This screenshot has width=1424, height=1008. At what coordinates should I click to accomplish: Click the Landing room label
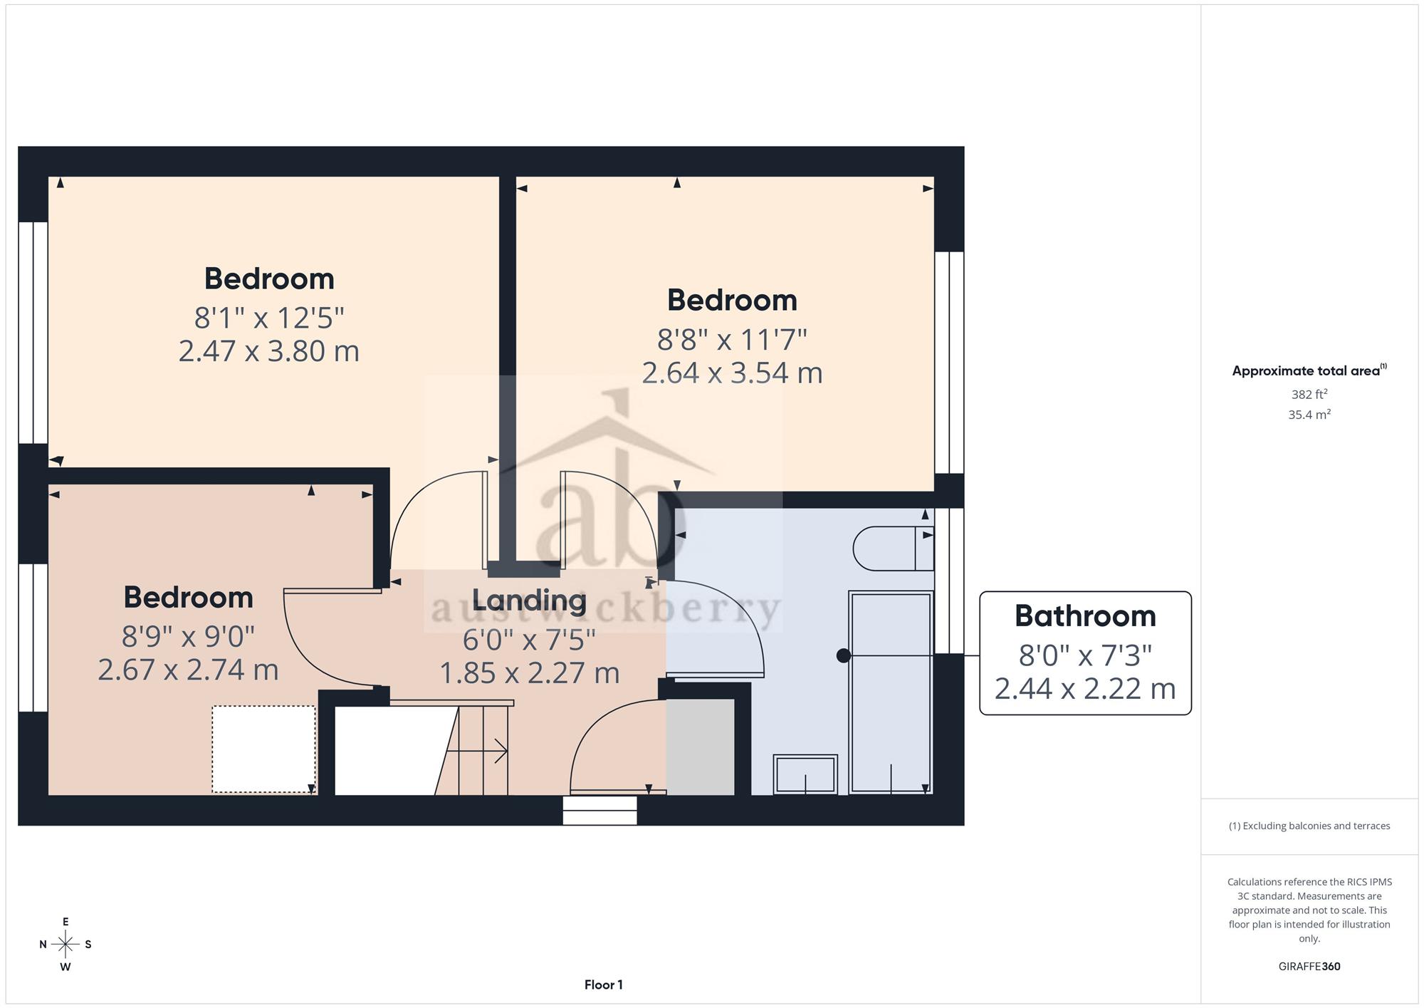tap(529, 601)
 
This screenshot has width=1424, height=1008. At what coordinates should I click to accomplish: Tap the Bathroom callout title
tap(1085, 616)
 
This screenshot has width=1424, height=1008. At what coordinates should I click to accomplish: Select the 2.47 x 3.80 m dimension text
tap(268, 351)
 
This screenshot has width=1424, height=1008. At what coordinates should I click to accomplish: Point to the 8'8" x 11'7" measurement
tap(732, 340)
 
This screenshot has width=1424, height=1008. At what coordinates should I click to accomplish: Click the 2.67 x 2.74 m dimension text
tap(188, 670)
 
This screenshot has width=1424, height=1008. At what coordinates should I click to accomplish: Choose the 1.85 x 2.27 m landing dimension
tap(529, 673)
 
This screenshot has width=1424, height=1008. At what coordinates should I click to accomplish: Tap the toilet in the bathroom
tap(894, 548)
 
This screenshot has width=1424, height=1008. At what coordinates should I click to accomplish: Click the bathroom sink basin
tap(805, 774)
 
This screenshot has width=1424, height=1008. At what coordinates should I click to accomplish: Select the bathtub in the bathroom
tap(891, 692)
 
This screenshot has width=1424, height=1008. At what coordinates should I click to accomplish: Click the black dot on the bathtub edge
tap(844, 655)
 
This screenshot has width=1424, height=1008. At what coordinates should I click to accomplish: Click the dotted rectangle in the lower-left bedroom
tap(263, 749)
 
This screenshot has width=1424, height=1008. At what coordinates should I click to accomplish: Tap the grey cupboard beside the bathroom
tap(700, 747)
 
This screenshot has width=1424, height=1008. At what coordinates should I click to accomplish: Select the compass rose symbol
tap(66, 945)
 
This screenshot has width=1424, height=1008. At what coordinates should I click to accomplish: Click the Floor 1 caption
tap(604, 985)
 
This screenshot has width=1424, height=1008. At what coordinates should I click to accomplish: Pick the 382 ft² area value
tap(1309, 394)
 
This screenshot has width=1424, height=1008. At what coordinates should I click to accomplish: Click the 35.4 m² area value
tap(1309, 414)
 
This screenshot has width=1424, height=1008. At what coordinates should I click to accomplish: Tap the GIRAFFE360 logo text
tap(1309, 967)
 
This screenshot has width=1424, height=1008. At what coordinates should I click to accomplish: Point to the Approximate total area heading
tap(1309, 370)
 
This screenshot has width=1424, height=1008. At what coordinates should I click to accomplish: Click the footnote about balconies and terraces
tap(1309, 826)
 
